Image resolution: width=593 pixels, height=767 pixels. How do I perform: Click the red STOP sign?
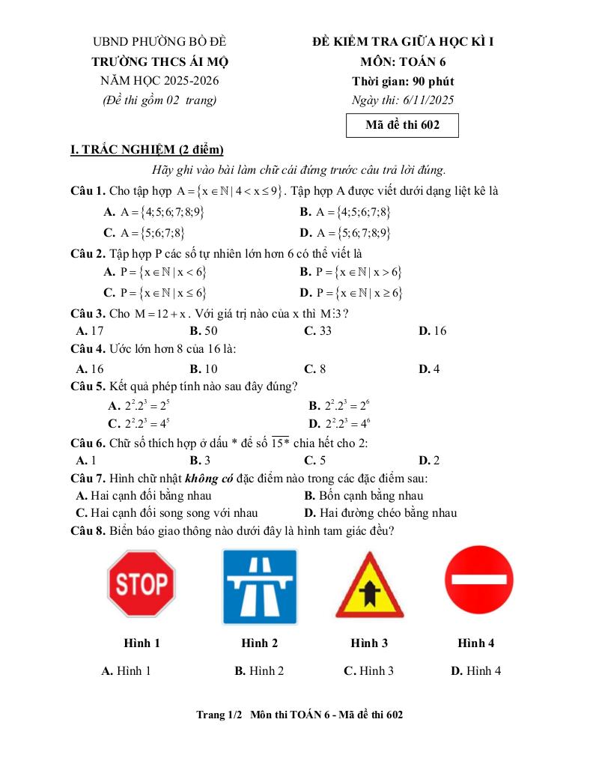[142, 584]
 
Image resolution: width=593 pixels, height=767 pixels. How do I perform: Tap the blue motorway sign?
[259, 586]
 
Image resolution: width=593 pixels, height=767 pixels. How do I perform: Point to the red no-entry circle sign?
[478, 580]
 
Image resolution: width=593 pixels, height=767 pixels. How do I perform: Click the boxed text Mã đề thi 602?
[401, 125]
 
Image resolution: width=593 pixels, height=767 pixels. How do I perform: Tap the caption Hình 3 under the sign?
[369, 643]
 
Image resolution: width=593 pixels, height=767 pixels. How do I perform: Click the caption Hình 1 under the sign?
[142, 643]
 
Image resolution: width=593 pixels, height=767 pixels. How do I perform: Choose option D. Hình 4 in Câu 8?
[475, 671]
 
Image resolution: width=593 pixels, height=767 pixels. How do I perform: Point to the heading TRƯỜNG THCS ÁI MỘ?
[159, 61]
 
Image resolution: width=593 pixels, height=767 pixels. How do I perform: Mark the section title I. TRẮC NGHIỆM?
[147, 151]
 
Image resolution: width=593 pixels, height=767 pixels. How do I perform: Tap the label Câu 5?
[87, 386]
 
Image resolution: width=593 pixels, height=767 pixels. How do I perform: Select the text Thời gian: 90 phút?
[403, 81]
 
